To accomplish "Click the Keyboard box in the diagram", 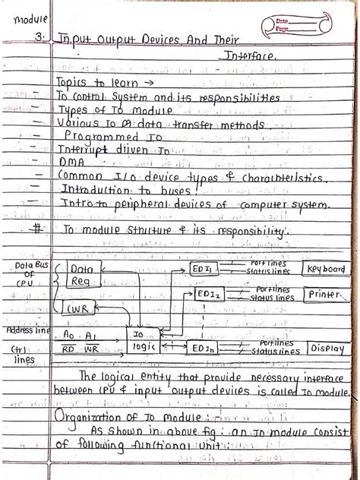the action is [327, 270].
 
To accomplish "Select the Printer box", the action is [324, 293].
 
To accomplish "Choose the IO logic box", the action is [143, 339].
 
